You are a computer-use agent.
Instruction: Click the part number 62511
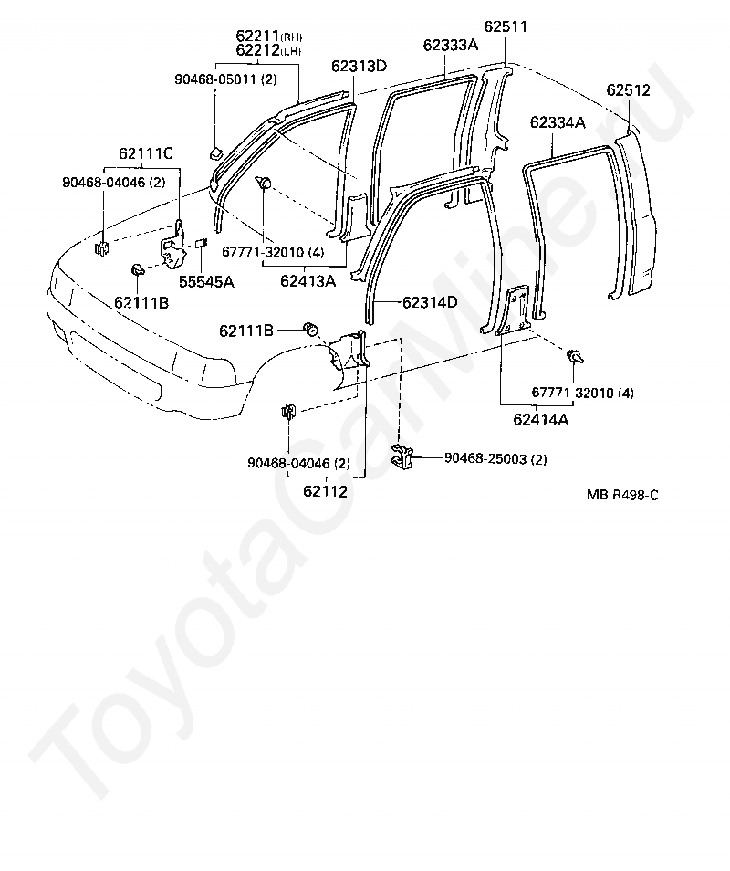pyautogui.click(x=506, y=26)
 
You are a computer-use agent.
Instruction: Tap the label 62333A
pyautogui.click(x=450, y=45)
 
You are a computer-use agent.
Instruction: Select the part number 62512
pyautogui.click(x=628, y=90)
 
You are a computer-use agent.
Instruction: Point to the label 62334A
pyautogui.click(x=558, y=122)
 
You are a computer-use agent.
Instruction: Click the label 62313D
pyautogui.click(x=360, y=66)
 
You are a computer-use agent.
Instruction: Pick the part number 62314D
pyautogui.click(x=430, y=302)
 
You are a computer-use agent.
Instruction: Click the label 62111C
pyautogui.click(x=145, y=153)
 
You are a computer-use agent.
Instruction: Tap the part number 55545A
pyautogui.click(x=206, y=282)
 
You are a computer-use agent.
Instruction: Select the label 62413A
pyautogui.click(x=308, y=281)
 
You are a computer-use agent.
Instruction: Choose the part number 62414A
pyautogui.click(x=541, y=419)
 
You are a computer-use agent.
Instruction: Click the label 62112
pyautogui.click(x=326, y=491)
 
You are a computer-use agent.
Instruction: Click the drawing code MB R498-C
pyautogui.click(x=622, y=495)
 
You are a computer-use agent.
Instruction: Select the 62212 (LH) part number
pyautogui.click(x=268, y=50)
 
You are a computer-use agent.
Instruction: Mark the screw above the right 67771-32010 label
pyautogui.click(x=575, y=355)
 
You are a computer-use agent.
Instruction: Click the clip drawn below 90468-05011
pyautogui.click(x=216, y=152)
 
